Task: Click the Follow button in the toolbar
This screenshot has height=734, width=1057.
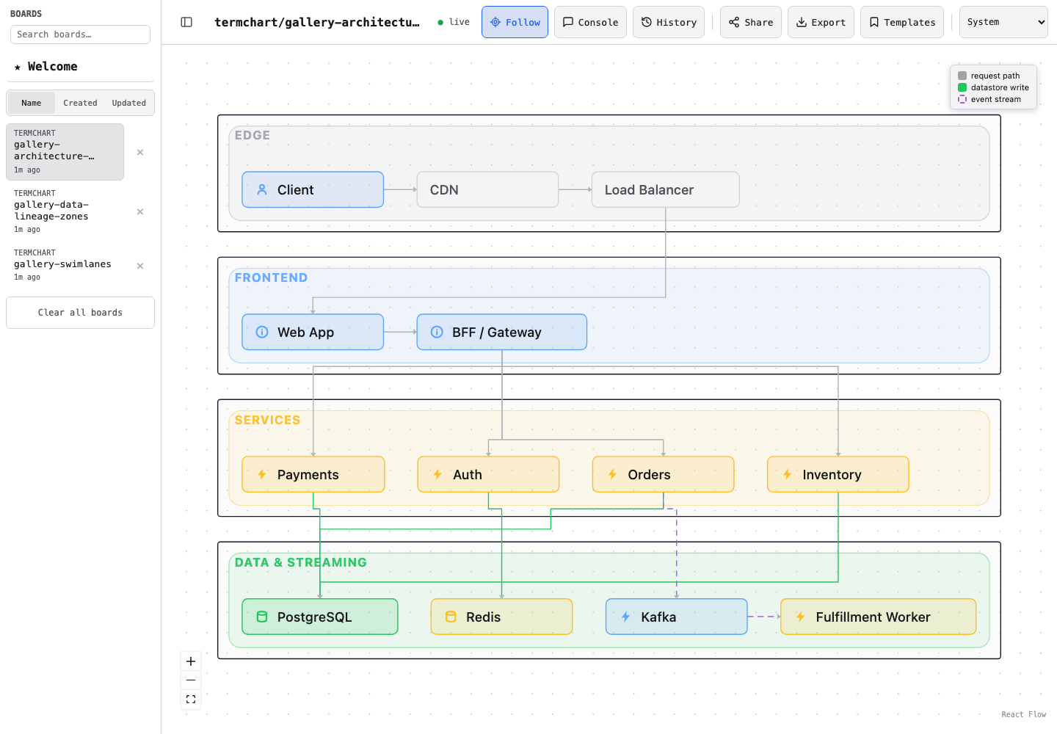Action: click(515, 22)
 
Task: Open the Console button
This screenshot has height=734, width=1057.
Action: click(590, 22)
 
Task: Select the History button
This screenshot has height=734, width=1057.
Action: click(669, 22)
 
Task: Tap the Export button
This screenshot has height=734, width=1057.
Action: click(821, 22)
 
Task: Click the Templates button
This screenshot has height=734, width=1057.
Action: click(901, 22)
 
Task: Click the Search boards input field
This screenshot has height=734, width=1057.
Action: click(80, 34)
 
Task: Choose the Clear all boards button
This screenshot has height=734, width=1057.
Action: click(80, 313)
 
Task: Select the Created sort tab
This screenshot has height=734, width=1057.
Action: click(80, 103)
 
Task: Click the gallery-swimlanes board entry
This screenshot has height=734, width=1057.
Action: click(65, 265)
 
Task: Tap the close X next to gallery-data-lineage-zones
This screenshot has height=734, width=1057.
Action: click(140, 212)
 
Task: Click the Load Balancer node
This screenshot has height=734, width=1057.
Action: click(665, 189)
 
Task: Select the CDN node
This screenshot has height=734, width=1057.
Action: click(487, 189)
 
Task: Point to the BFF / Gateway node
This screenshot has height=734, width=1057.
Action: click(501, 332)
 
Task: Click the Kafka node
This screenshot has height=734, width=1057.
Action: click(676, 617)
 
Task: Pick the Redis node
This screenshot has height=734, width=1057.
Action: click(501, 617)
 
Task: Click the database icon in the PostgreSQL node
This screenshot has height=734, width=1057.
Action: click(262, 617)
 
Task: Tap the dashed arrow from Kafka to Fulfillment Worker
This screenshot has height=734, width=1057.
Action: click(764, 617)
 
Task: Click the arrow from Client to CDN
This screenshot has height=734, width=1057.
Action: click(400, 189)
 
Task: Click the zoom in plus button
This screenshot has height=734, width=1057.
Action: click(191, 661)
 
